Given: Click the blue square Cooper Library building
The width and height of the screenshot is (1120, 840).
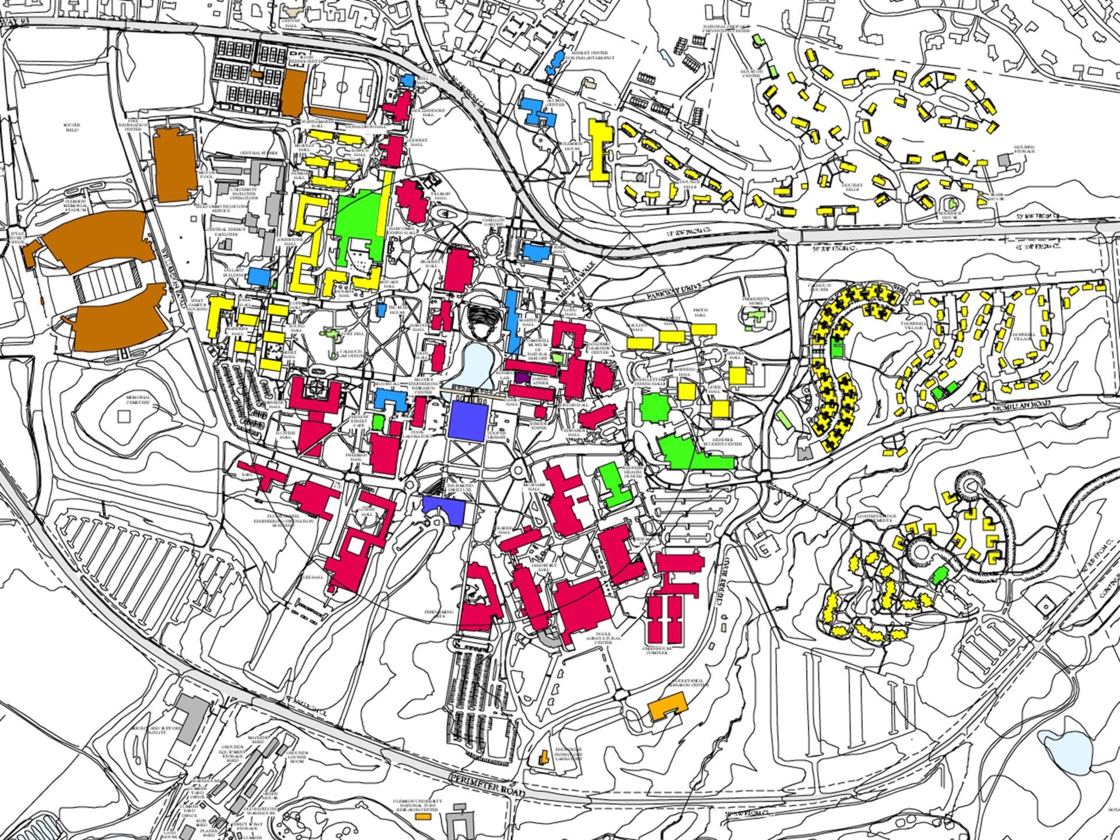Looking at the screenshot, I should pos(468,421).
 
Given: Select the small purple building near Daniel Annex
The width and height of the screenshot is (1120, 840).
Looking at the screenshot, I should pos(522,378).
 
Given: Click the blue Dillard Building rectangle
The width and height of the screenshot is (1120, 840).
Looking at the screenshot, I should pos(259,276).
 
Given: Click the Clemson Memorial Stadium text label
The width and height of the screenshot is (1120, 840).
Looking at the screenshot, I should pos(75,205).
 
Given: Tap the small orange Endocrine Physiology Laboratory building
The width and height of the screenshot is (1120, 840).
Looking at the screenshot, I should pos(544,758).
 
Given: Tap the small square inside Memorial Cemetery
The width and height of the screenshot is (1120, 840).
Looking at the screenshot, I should pos(123,416).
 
